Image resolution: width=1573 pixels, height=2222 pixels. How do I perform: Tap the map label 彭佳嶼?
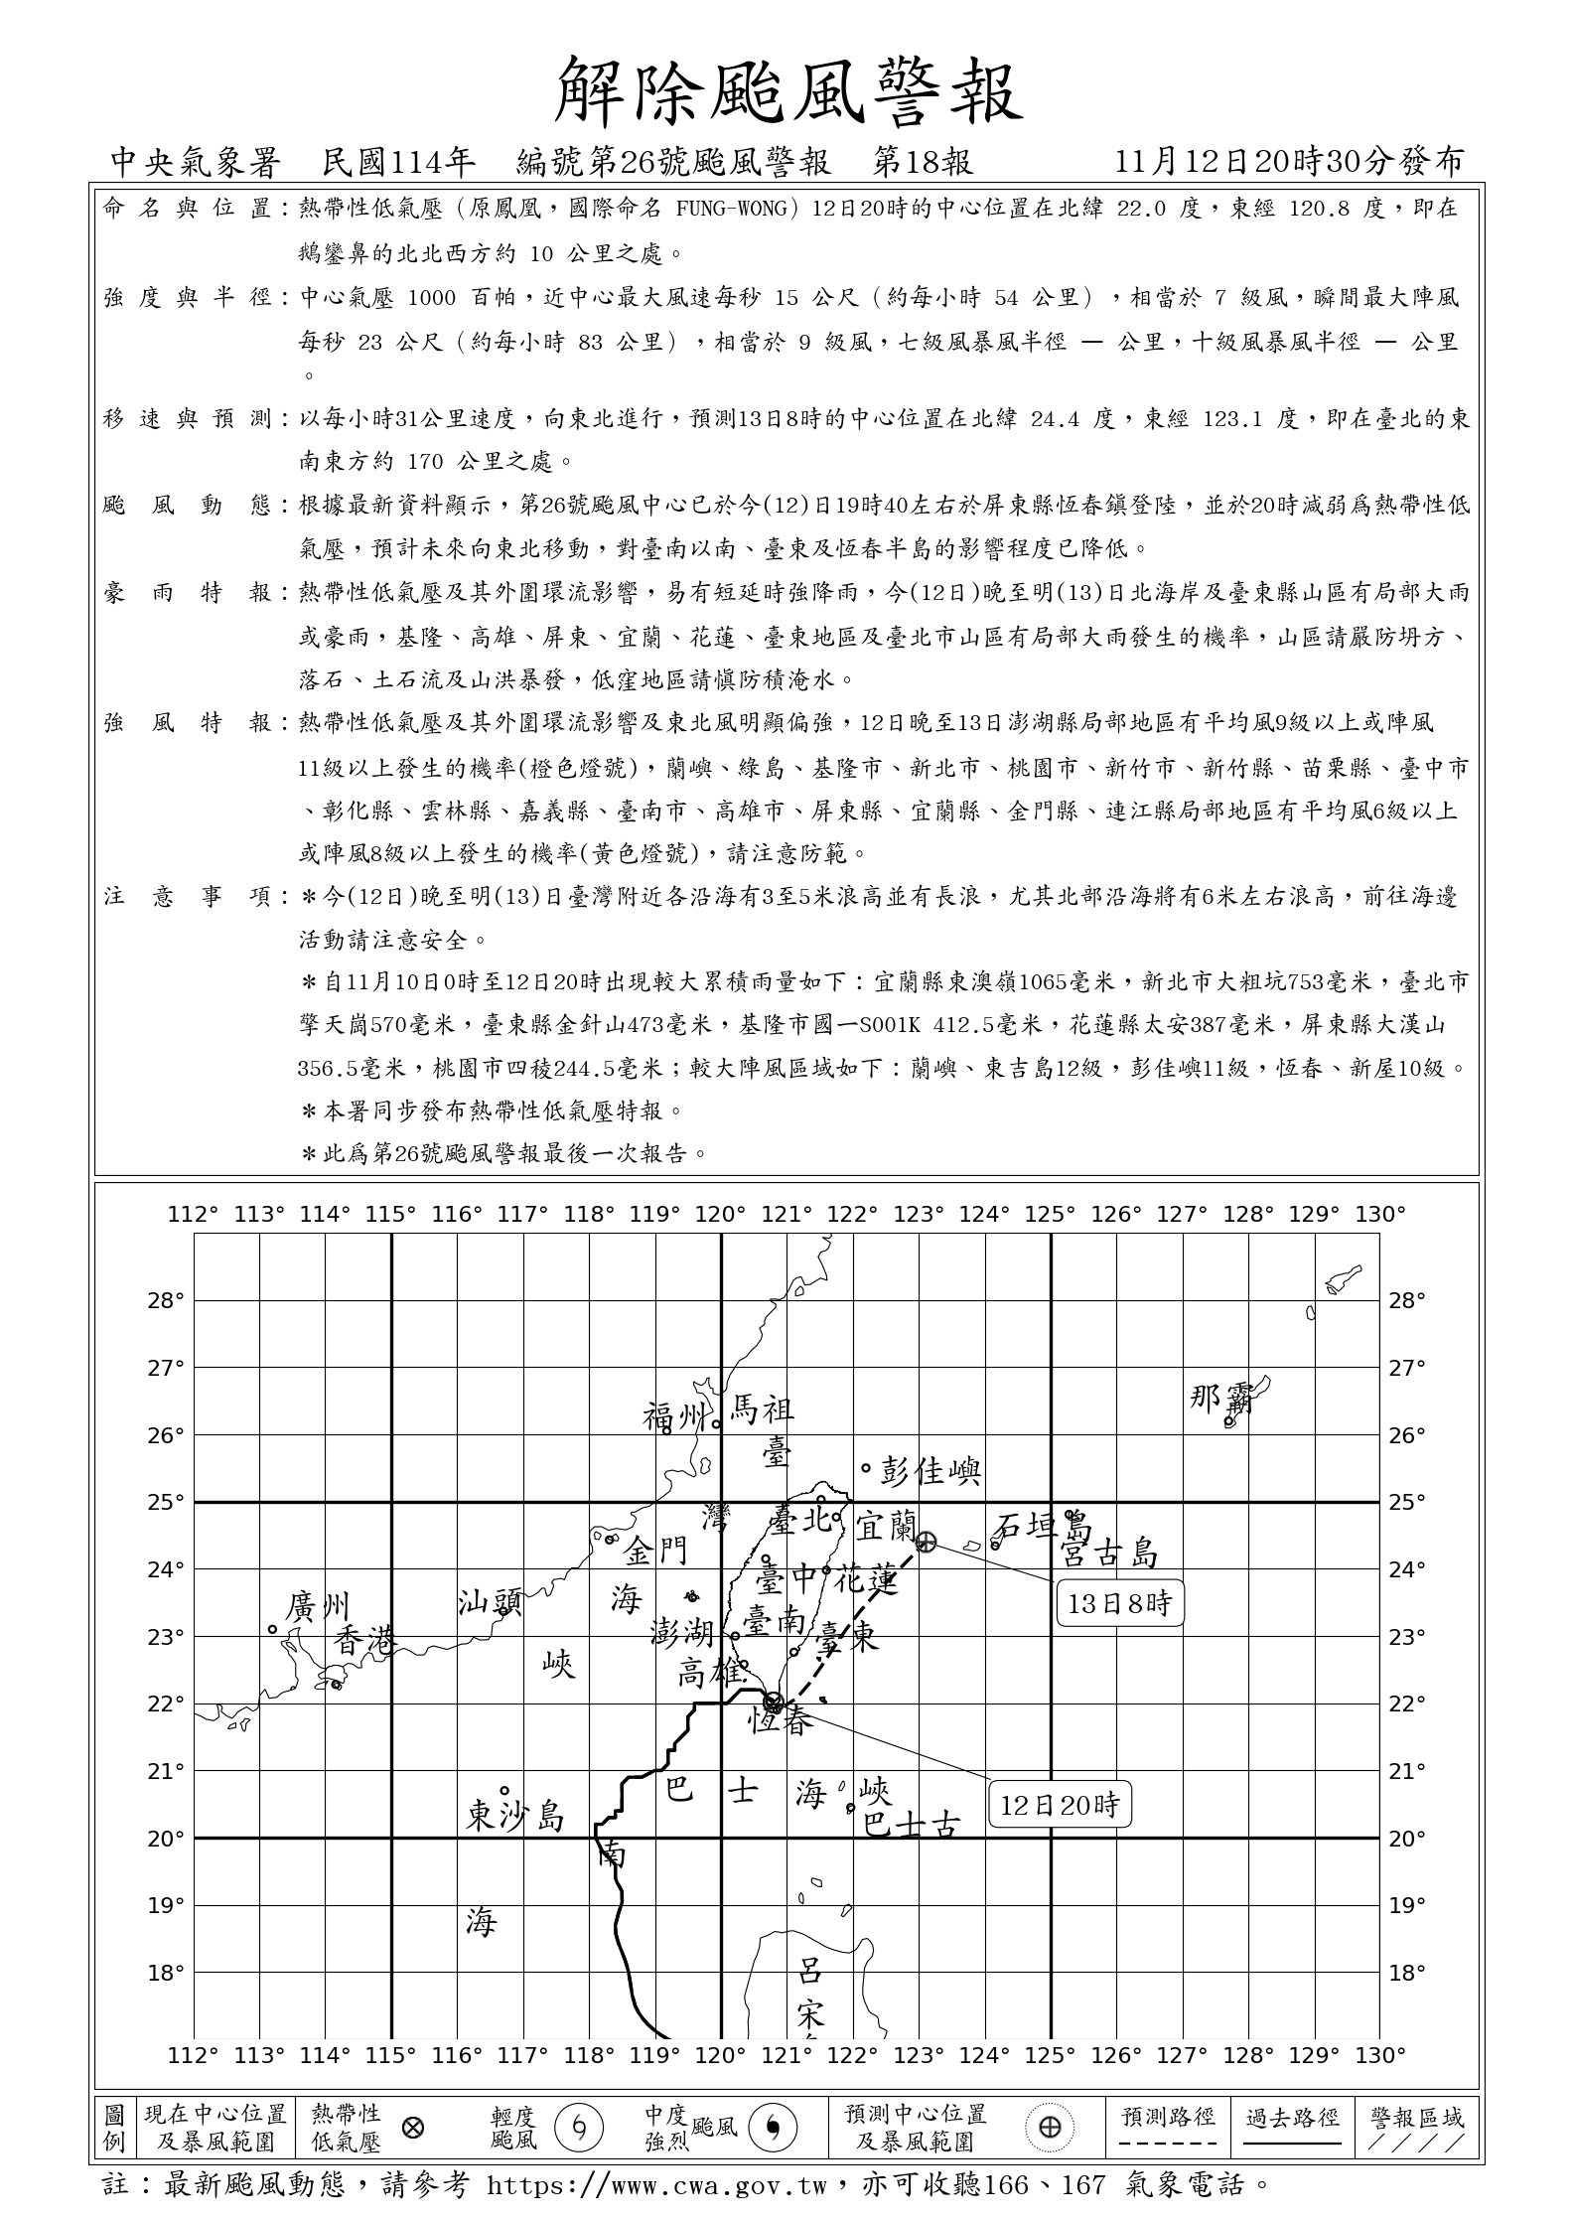[930, 1471]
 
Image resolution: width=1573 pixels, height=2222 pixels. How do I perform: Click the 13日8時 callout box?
[1120, 1602]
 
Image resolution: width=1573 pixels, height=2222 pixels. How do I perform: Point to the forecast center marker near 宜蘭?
[926, 1542]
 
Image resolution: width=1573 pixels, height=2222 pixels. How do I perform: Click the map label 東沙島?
[515, 1817]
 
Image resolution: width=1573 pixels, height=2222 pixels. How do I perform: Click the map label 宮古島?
[1109, 1553]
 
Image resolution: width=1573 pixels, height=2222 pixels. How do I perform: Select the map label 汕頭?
[490, 1602]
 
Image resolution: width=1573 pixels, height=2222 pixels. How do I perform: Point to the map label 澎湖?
[682, 1631]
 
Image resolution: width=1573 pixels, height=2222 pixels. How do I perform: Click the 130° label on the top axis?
[1380, 1214]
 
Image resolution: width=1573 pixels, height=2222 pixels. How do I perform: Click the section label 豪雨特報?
[189, 593]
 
